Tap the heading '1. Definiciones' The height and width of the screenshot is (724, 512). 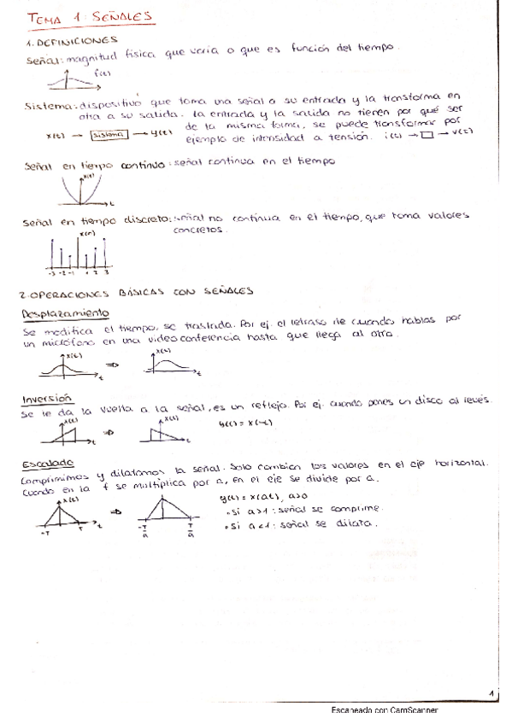point(71,39)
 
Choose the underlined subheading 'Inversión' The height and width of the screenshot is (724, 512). point(48,398)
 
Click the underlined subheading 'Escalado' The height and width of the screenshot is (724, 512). point(48,463)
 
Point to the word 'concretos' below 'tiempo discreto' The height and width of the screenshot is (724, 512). point(198,231)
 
